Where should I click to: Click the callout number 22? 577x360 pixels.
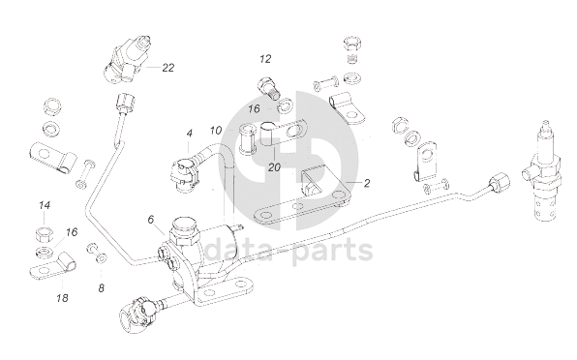(168, 68)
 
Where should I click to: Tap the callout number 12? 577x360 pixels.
(265, 59)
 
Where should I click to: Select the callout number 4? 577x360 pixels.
(189, 134)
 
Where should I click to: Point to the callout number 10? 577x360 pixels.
(216, 131)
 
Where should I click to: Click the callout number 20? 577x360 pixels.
(274, 167)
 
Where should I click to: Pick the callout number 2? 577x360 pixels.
(367, 183)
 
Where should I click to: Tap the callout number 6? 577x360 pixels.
(150, 220)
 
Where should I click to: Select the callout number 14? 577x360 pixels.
(45, 205)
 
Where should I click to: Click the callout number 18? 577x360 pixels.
(63, 298)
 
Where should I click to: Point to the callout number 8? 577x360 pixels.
(102, 288)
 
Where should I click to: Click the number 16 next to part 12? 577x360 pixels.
(254, 108)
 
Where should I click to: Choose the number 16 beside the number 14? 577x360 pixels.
(72, 232)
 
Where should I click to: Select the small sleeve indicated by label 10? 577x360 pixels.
(247, 138)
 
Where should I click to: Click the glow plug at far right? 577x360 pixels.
(542, 172)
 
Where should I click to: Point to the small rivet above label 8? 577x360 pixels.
(97, 253)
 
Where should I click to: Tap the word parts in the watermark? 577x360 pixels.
(331, 252)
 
